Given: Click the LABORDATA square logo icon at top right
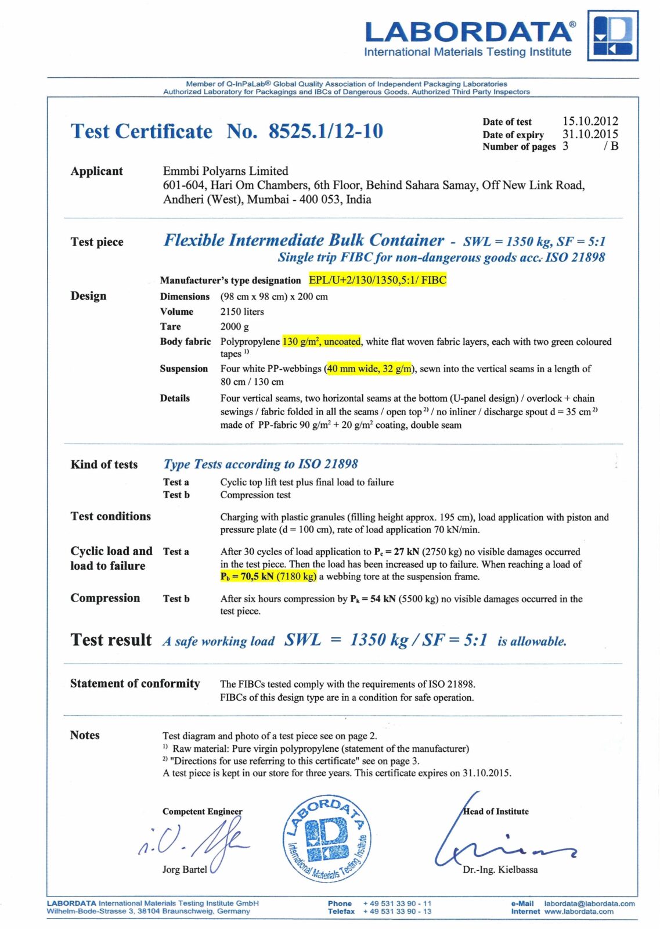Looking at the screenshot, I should [x=612, y=35].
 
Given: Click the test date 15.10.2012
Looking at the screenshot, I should [x=590, y=121].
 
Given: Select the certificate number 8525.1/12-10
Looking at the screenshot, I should [x=325, y=131].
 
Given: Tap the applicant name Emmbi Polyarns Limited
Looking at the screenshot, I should [x=225, y=171].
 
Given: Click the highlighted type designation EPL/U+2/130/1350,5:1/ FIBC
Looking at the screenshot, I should [x=377, y=280].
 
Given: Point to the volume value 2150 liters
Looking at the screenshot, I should [x=242, y=312].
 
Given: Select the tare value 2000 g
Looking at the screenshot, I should [x=235, y=327].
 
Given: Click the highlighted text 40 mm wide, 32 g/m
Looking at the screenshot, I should [x=370, y=369].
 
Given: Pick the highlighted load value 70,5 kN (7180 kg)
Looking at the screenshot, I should [x=268, y=577].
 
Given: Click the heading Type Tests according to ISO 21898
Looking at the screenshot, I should [x=261, y=464].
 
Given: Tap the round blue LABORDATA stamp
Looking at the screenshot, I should [x=326, y=838].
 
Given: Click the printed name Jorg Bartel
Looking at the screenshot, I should [x=185, y=869].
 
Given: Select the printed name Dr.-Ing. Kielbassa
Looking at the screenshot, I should [x=500, y=870].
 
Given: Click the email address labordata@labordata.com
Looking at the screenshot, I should [x=589, y=903].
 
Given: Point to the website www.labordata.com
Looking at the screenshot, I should [x=578, y=912].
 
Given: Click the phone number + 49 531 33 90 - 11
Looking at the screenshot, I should [x=397, y=903].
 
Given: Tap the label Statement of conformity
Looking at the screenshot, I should [x=135, y=683].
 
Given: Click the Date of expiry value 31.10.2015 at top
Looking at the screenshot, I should [x=590, y=134].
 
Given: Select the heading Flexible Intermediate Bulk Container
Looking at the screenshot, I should [x=304, y=240].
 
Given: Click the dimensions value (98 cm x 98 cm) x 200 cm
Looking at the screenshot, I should [x=274, y=297].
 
